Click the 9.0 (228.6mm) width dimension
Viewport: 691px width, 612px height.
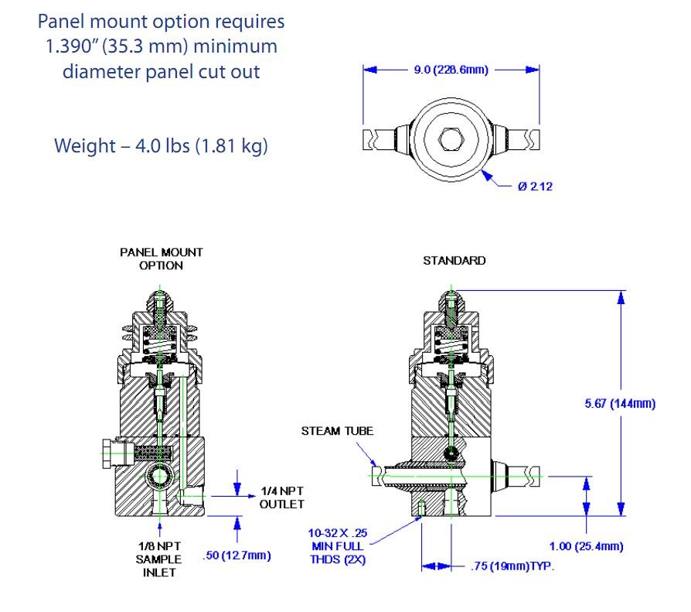[451, 70]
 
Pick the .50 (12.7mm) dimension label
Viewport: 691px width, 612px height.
[236, 555]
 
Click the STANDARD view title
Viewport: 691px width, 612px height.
[454, 261]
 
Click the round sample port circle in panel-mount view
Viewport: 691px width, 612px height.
[158, 472]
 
